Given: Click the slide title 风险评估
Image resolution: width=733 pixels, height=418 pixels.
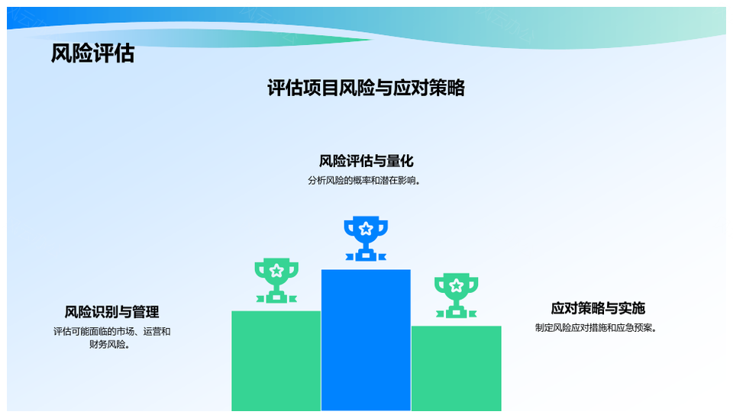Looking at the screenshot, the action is (x=92, y=53).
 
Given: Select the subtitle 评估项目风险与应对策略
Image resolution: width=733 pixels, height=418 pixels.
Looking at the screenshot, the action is (x=366, y=88).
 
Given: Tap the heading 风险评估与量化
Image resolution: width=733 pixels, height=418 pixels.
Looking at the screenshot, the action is (x=366, y=161).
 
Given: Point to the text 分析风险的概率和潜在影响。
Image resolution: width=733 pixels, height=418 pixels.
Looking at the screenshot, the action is (x=364, y=181).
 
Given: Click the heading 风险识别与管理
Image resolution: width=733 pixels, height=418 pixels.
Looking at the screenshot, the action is (x=111, y=311).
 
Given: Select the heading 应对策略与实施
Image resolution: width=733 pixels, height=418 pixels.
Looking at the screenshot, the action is (x=598, y=308).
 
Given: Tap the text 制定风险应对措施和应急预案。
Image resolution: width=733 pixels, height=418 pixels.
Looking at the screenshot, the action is (x=596, y=328).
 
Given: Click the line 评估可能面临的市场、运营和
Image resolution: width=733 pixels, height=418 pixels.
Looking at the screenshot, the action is (x=111, y=332).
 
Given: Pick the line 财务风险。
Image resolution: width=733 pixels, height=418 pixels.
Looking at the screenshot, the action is (x=110, y=345).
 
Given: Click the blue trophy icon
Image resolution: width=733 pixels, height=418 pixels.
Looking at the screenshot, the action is (x=366, y=238).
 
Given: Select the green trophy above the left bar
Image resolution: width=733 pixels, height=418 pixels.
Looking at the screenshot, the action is (x=276, y=280).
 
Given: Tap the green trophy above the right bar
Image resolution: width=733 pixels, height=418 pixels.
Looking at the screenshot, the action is (x=457, y=295).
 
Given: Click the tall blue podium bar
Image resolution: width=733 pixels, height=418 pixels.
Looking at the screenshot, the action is (x=366, y=340).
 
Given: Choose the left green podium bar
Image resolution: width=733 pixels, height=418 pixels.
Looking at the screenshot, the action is (x=276, y=361).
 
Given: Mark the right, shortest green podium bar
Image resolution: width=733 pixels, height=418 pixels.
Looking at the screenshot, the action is (x=457, y=368).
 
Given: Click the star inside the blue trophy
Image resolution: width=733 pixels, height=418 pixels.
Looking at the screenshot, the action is (x=366, y=229).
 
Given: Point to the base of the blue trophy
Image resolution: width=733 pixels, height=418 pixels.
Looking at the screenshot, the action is (x=366, y=256).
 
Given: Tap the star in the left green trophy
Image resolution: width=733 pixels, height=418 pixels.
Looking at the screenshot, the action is (x=276, y=271).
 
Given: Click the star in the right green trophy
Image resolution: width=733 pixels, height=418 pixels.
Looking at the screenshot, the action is (x=457, y=285).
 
